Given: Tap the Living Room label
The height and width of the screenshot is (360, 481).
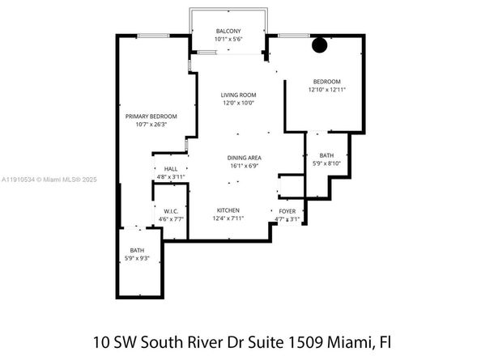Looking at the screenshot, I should (238, 95).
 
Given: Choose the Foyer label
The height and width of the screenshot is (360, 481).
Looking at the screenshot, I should (287, 210).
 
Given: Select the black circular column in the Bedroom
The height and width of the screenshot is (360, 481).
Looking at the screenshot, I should (320, 46).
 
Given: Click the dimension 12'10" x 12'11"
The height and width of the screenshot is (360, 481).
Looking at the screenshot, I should (326, 90).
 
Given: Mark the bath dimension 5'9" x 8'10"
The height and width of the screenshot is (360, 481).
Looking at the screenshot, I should (326, 163).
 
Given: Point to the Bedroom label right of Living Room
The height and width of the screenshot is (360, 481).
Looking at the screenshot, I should (326, 82).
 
